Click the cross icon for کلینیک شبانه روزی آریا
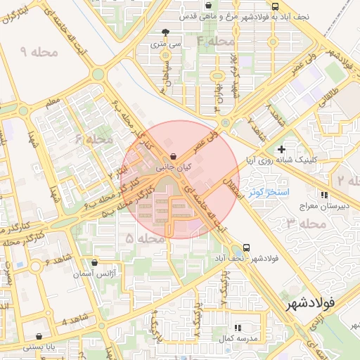click(281, 149)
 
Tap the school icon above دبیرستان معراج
click(323, 195)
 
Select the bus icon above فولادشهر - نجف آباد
click(246, 247)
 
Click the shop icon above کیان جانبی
click(174, 157)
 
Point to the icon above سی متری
click(165, 32)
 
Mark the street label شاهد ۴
click(75, 321)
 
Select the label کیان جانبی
click(173, 169)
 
